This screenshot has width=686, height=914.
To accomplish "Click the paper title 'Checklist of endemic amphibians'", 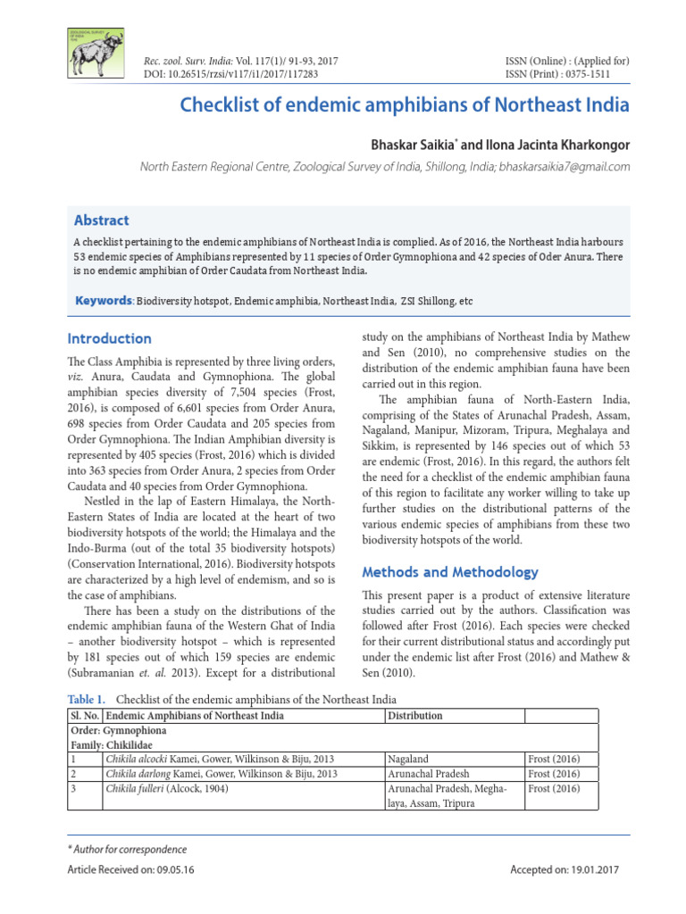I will (405, 105).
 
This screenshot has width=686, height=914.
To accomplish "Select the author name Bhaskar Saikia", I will (407, 143).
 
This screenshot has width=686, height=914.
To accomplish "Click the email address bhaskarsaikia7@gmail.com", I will (565, 167).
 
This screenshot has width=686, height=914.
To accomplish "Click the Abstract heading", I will (102, 220).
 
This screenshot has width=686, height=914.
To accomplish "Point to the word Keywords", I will (103, 302).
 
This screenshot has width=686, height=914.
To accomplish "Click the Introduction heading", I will (110, 339).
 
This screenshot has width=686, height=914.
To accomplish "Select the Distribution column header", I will (415, 716).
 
